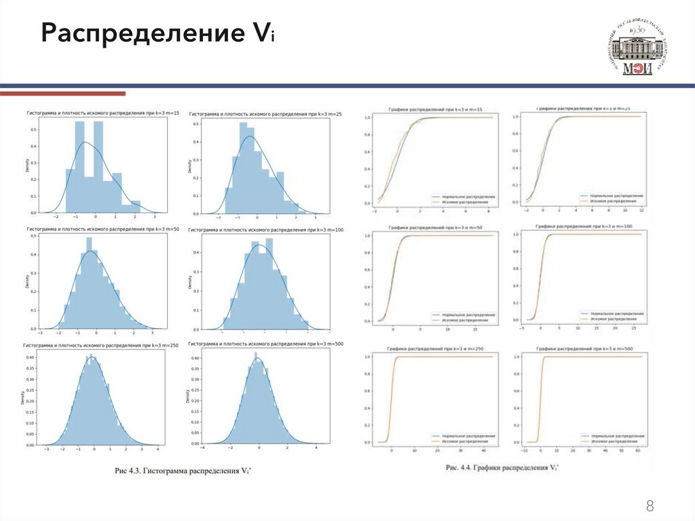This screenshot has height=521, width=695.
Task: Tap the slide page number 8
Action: pyautogui.click(x=650, y=506)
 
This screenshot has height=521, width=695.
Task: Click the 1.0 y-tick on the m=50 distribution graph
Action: pyautogui.click(x=367, y=235)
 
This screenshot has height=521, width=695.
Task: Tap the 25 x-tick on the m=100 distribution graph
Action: pyautogui.click(x=633, y=328)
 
